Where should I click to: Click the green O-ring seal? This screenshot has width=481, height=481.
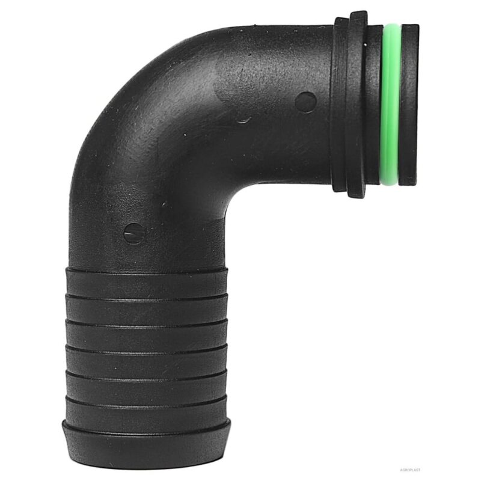[x=390, y=105]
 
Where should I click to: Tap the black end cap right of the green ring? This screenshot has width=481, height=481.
[x=409, y=105]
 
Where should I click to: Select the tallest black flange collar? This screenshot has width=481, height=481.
[x=355, y=105]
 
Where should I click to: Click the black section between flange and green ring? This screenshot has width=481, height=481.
[x=374, y=105]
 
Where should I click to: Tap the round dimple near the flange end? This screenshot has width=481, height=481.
[x=305, y=102]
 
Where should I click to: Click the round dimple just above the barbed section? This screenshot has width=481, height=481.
[x=134, y=233]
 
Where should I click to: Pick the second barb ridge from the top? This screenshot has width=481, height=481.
[x=147, y=308]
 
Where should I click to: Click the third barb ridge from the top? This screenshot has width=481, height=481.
[x=147, y=335]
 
